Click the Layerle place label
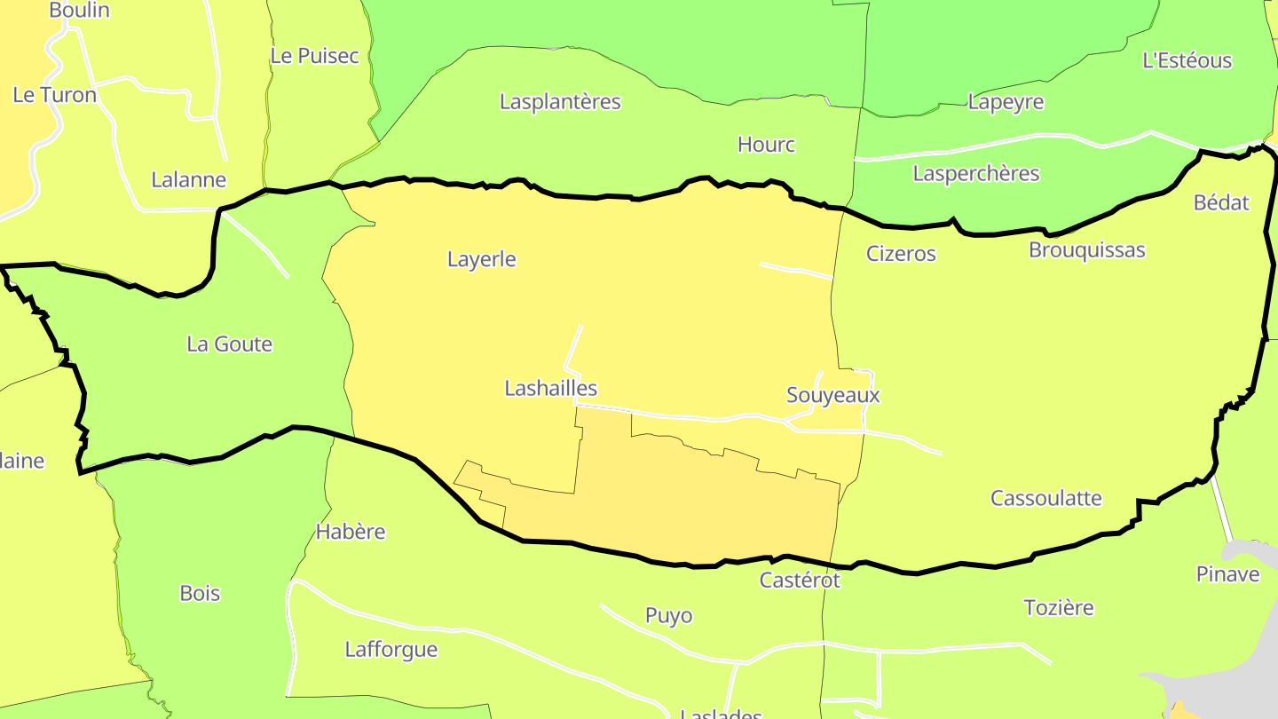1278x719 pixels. pyautogui.click(x=481, y=260)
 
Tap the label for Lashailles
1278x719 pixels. pyautogui.click(x=550, y=389)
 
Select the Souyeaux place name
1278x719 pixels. pyautogui.click(x=832, y=396)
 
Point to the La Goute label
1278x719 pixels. pyautogui.click(x=229, y=344)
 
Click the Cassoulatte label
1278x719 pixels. pyautogui.click(x=1045, y=498)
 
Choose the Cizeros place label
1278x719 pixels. pyautogui.click(x=901, y=254)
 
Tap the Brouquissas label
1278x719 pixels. pyautogui.click(x=1086, y=250)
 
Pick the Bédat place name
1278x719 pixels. pyautogui.click(x=1220, y=202)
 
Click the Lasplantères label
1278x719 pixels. pyautogui.click(x=560, y=102)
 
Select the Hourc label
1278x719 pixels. pyautogui.click(x=766, y=145)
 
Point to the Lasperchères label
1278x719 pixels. pyautogui.click(x=975, y=173)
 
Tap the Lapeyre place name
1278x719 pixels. pyautogui.click(x=1006, y=102)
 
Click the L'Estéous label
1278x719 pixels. pyautogui.click(x=1187, y=60)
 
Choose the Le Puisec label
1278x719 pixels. pyautogui.click(x=314, y=56)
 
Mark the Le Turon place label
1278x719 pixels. pyautogui.click(x=54, y=95)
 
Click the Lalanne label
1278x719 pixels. pyautogui.click(x=188, y=180)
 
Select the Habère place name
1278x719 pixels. pyautogui.click(x=351, y=533)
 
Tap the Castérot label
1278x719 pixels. pyautogui.click(x=799, y=581)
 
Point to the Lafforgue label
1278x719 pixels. pyautogui.click(x=390, y=650)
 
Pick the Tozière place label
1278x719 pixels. pyautogui.click(x=1058, y=608)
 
